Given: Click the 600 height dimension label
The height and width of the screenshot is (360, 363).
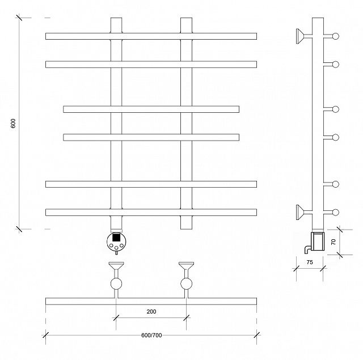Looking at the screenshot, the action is pyautogui.click(x=13, y=124).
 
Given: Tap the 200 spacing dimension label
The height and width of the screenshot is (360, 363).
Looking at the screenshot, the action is pyautogui.click(x=151, y=311).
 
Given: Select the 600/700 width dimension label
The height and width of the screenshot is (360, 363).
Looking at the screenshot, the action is pyautogui.click(x=151, y=335).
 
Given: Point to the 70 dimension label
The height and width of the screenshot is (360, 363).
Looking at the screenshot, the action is pyautogui.click(x=333, y=242).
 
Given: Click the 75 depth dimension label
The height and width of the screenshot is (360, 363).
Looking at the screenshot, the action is pyautogui.click(x=310, y=262).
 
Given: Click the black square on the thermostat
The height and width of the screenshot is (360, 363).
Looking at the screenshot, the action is pyautogui.click(x=116, y=237).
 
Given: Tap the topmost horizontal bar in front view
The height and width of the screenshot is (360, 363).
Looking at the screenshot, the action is pyautogui.click(x=151, y=36).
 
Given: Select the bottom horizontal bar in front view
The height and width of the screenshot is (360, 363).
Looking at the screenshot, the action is pyautogui.click(x=151, y=213).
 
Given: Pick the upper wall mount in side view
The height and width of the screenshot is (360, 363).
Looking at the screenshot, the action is pyautogui.click(x=303, y=36).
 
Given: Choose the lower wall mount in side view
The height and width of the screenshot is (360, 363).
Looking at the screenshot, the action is pyautogui.click(x=303, y=212).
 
